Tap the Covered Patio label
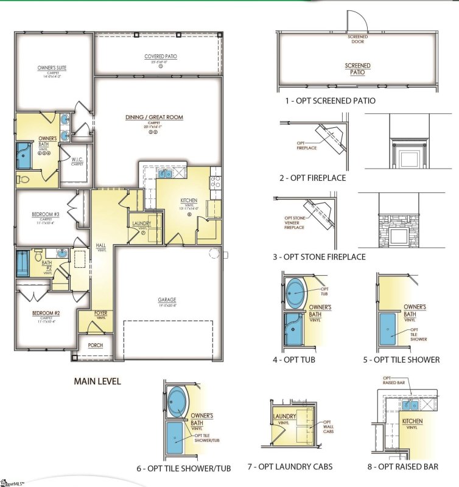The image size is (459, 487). [161, 57]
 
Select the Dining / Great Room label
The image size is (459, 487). [154, 117]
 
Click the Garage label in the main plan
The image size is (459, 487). [167, 300]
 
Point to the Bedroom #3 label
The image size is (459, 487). [46, 214]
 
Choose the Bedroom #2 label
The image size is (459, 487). [46, 313]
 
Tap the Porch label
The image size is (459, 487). [95, 345]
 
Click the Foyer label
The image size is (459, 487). [101, 314]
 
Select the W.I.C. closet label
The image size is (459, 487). [77, 159]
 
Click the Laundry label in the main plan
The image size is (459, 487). [141, 223]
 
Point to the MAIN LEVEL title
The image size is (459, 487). [97, 381]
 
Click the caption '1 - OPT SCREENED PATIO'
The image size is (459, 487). [330, 100]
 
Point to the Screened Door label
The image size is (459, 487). [357, 40]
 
